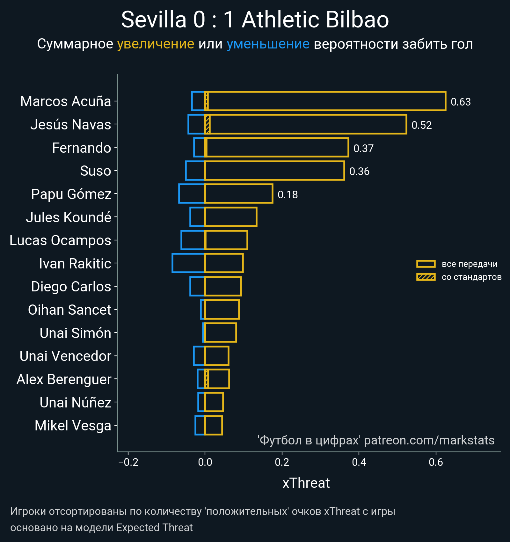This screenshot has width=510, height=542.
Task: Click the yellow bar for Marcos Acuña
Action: click(x=325, y=101)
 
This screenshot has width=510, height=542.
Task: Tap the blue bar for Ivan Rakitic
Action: click(x=188, y=263)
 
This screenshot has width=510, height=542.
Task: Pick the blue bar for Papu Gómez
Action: click(x=192, y=194)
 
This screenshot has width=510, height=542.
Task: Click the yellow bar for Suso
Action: click(x=274, y=171)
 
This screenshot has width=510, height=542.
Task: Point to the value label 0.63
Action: click(x=461, y=102)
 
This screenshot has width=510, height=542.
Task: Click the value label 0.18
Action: click(x=288, y=195)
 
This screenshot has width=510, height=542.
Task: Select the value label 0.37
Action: click(x=363, y=149)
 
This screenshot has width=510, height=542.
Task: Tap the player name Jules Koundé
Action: click(x=69, y=217)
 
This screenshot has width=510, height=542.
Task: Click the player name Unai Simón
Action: click(x=75, y=333)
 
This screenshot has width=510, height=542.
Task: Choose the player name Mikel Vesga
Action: click(x=73, y=426)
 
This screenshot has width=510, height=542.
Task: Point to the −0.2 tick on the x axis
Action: click(x=128, y=462)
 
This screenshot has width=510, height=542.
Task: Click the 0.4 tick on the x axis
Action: click(x=359, y=462)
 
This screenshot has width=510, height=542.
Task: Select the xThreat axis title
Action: click(x=306, y=483)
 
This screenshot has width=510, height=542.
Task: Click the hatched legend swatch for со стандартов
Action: click(x=426, y=277)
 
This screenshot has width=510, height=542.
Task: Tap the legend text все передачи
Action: click(x=470, y=264)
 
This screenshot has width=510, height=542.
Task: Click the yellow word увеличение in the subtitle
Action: click(x=156, y=44)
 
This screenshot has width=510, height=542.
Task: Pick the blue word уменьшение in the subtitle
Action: click(x=268, y=44)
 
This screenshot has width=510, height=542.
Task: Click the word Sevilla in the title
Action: click(x=154, y=20)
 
